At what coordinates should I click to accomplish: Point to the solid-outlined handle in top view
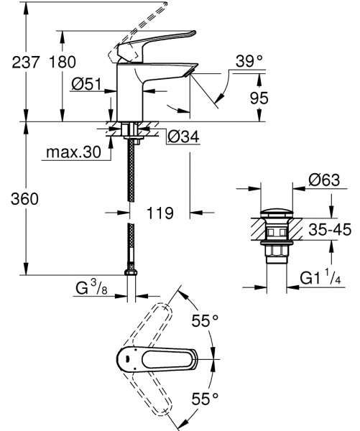(151, 357)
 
